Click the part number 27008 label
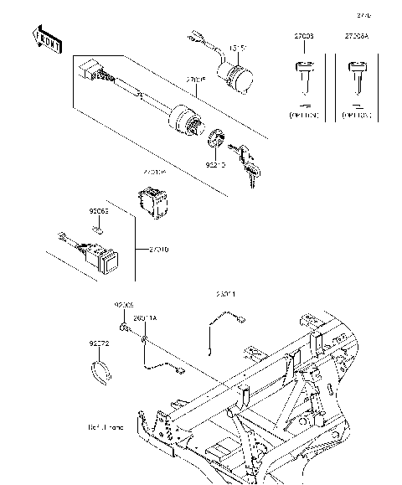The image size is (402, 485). [x=304, y=38]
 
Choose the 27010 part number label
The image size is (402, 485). [x=159, y=250]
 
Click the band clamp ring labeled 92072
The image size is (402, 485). [x=100, y=371]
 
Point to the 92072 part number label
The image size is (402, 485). [x=99, y=343]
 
